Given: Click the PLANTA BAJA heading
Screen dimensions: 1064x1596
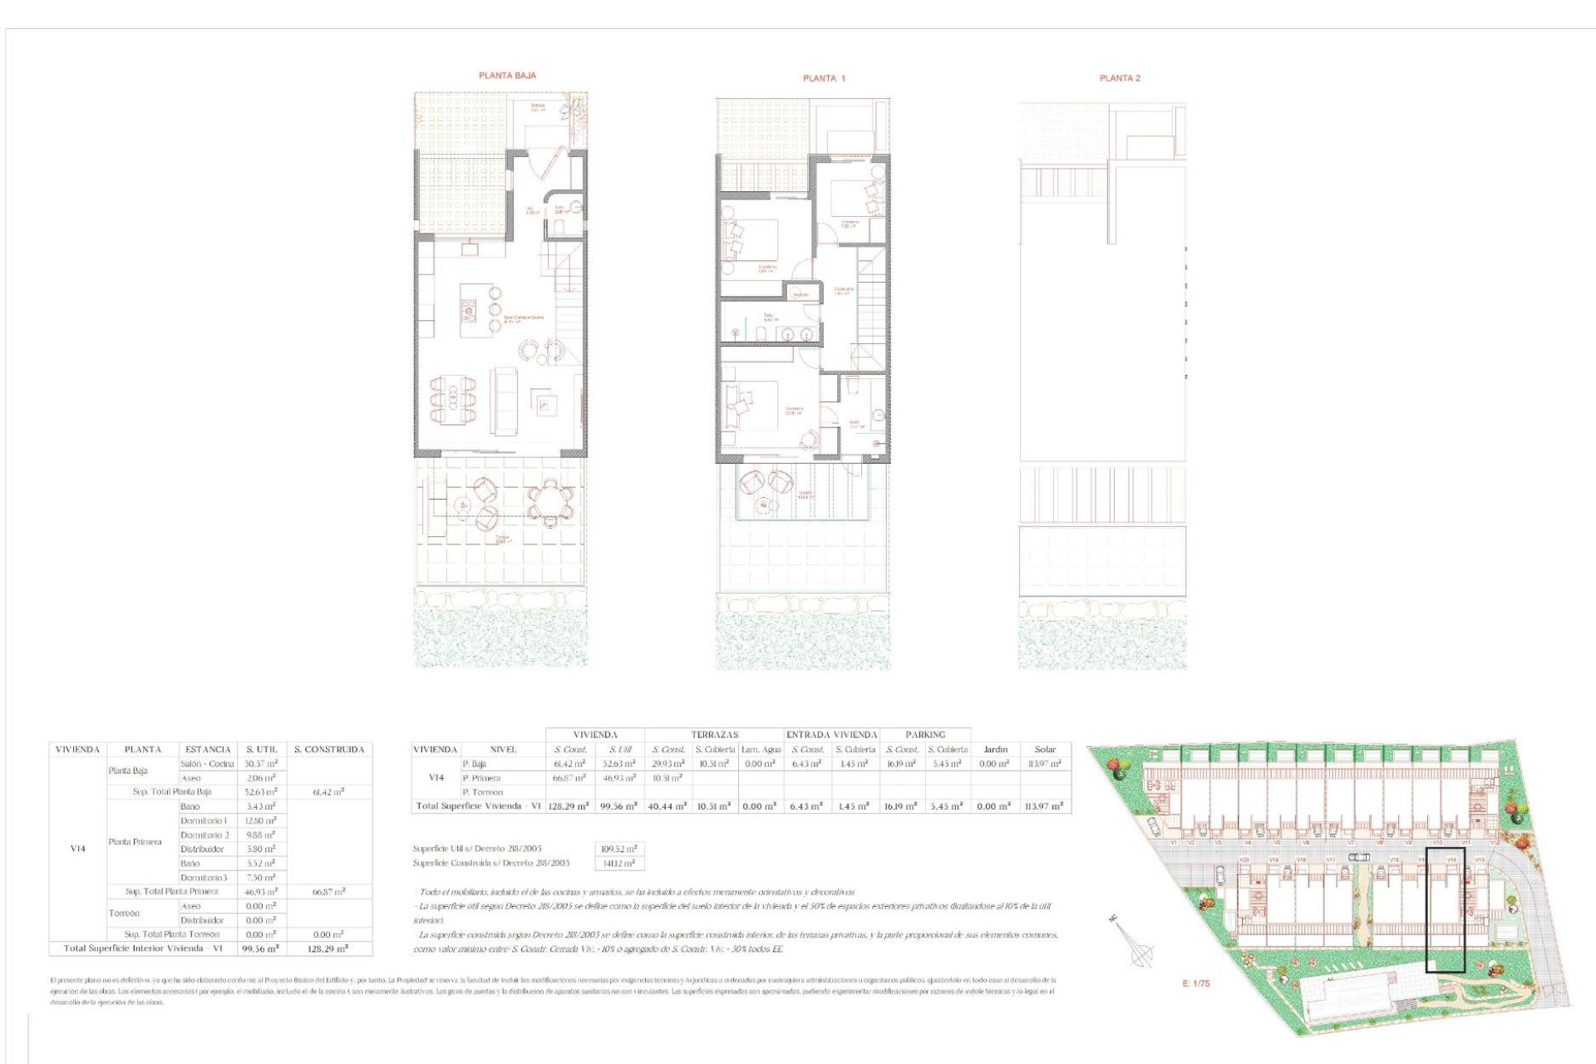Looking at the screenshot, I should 507,76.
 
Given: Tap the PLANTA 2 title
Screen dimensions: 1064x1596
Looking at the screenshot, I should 1120,78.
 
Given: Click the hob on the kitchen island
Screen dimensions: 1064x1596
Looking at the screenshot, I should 469,312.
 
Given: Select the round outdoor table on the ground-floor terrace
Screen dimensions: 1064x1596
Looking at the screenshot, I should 549,502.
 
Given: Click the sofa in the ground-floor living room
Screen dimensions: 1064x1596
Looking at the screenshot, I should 504,400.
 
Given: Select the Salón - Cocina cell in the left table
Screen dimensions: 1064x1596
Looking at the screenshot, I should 207,764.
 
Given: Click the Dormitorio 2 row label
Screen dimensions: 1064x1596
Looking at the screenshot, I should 204,835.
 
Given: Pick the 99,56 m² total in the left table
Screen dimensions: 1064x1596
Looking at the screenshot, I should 260,948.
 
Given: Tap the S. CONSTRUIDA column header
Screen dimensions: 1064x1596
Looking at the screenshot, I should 329,750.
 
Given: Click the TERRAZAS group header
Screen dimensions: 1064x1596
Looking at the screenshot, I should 714,735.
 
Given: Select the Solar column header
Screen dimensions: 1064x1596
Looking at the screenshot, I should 1045,750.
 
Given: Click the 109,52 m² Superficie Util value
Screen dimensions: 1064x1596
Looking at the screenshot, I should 618,850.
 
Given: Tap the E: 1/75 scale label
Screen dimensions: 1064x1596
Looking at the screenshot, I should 1195,983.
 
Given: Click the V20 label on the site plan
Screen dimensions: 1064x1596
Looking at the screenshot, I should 1244,860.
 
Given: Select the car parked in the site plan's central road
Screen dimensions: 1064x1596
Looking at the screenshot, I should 1358,857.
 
